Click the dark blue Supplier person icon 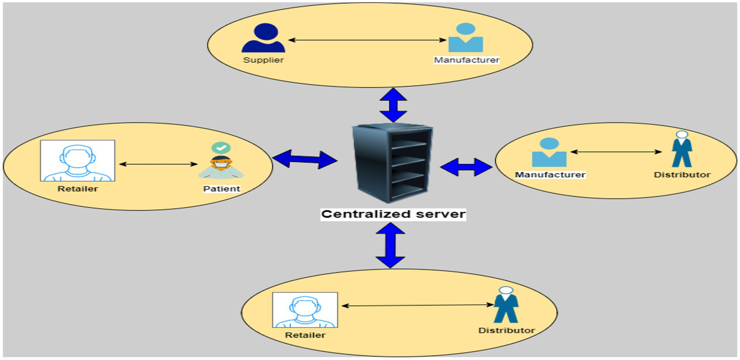point(263,39)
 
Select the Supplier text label point(263,60)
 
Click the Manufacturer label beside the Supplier point(466,60)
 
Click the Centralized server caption point(393,213)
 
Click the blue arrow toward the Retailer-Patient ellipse point(305,159)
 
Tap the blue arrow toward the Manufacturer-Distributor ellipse point(466,166)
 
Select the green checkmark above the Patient point(221,147)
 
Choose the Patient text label point(221,188)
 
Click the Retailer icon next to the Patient point(78,160)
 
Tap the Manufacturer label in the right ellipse point(550,174)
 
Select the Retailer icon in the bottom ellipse point(305,310)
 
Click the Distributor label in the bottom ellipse point(506,330)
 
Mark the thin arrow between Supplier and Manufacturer point(364,40)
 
